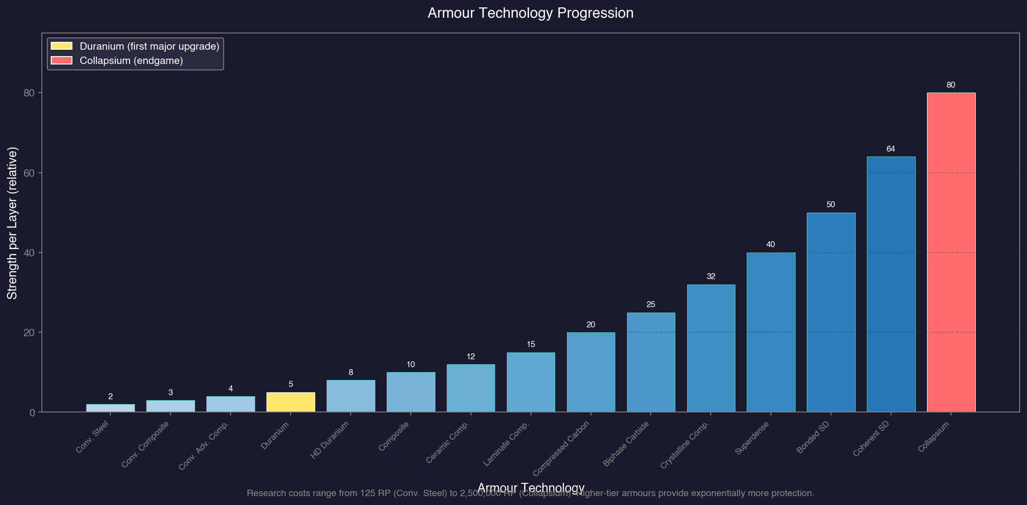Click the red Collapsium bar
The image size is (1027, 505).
tap(951, 252)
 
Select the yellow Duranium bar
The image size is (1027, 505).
tap(291, 402)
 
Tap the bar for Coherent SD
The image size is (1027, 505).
tap(891, 284)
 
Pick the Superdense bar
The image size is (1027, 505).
tap(771, 332)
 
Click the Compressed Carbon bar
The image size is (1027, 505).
tap(591, 372)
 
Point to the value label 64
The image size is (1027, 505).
tap(891, 149)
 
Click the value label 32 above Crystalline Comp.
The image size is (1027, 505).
tap(711, 277)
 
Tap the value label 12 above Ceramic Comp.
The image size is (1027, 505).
tap(470, 356)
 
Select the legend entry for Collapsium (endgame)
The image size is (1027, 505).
tap(131, 61)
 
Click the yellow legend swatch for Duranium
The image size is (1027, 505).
tap(62, 46)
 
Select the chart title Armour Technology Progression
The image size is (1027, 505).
tap(530, 13)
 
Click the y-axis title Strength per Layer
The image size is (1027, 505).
tap(12, 222)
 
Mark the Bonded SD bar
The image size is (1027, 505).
tap(830, 312)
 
